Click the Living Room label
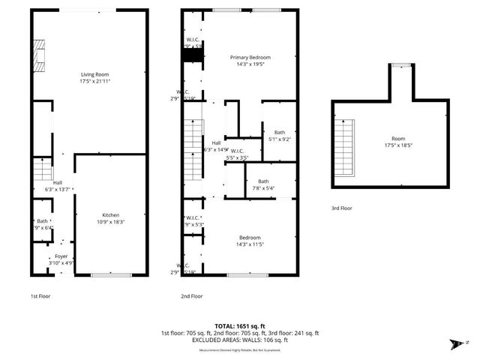tap(95, 74)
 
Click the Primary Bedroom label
tap(250, 58)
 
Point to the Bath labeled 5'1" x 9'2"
tap(280, 136)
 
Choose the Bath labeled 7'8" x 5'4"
tap(263, 184)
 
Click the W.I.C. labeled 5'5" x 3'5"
tap(241, 154)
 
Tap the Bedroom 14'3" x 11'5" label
tap(250, 240)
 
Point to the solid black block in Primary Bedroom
tap(193, 55)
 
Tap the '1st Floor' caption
tap(40, 296)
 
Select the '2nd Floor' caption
tap(191, 296)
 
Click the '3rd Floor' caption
tap(341, 208)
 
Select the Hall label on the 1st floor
tap(58, 182)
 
